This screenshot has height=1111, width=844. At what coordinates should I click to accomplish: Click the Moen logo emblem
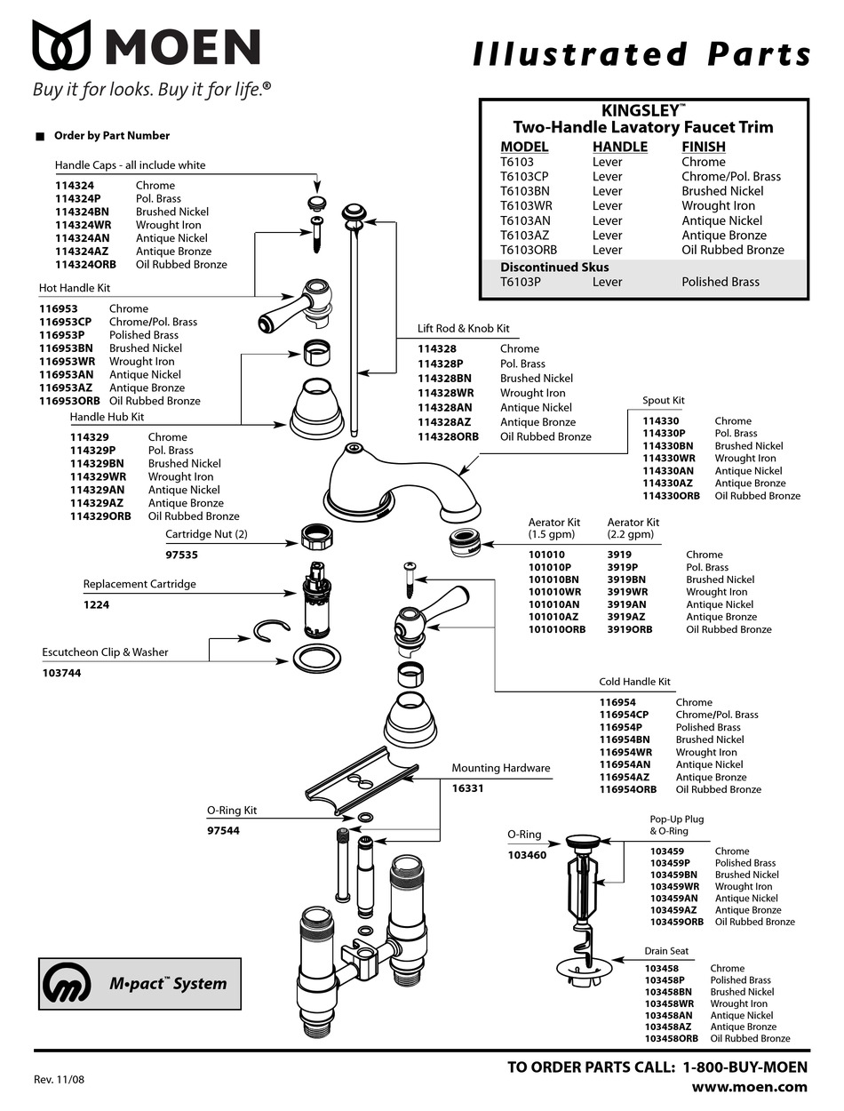[x=61, y=46]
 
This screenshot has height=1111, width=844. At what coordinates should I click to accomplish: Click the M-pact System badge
[x=139, y=983]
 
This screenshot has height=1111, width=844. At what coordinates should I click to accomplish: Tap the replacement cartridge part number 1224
[x=96, y=605]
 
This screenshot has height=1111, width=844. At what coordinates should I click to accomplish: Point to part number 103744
[x=61, y=673]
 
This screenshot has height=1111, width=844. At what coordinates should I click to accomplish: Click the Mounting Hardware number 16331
[x=467, y=788]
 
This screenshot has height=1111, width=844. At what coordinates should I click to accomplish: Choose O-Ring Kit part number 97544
[x=223, y=830]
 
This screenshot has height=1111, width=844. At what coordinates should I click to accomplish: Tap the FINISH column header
[x=703, y=147]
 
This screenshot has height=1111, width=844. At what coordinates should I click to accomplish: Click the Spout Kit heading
[x=663, y=401]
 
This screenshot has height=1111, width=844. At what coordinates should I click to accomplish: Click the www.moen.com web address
[x=749, y=1086]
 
